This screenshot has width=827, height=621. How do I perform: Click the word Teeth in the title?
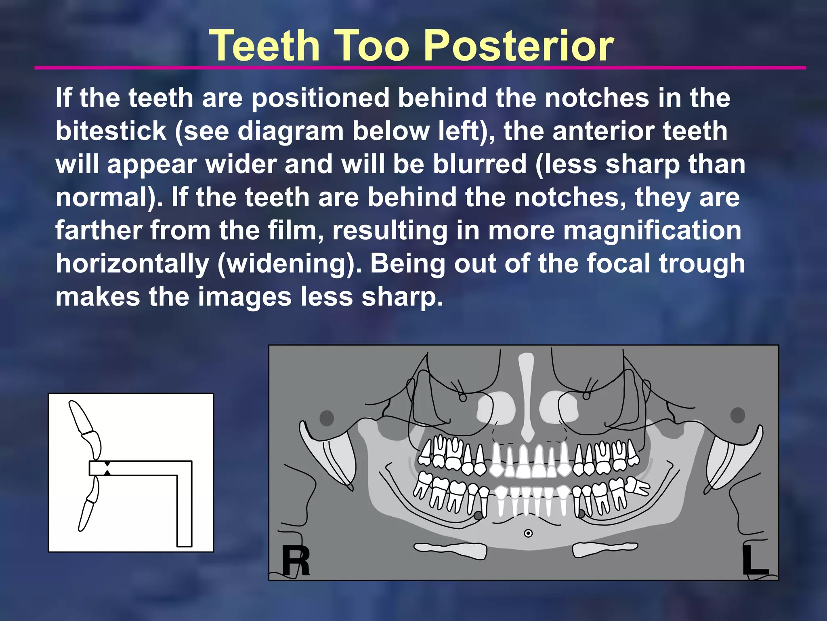(265, 45)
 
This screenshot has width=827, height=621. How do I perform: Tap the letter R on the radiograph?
(296, 561)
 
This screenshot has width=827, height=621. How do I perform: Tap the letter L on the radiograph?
(754, 561)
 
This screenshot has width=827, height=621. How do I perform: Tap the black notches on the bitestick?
(107, 468)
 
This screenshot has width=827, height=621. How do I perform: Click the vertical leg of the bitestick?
(184, 509)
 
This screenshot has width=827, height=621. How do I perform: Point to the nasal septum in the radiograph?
(526, 400)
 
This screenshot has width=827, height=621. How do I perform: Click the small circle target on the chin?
(528, 533)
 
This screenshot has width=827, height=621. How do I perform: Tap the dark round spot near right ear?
(327, 418)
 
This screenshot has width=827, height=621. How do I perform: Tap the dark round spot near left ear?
(737, 415)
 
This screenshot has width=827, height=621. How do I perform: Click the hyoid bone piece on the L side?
(605, 549)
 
